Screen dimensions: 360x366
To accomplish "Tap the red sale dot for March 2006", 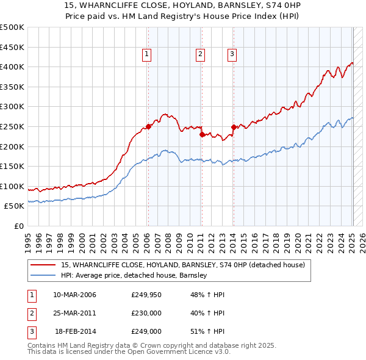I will [148, 127].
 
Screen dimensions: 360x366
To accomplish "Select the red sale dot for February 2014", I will [234, 127].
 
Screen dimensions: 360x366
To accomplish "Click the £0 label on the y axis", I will [19, 226].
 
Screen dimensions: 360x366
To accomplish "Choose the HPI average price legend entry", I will [134, 275].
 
